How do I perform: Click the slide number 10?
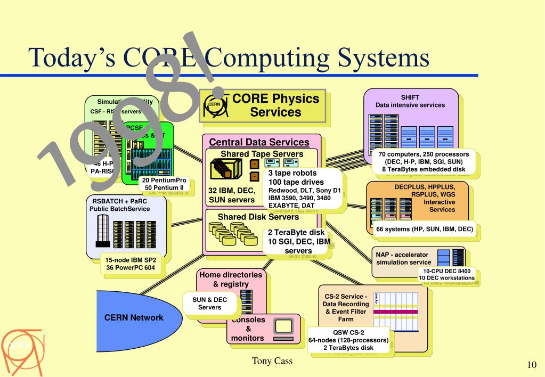coord(531,365)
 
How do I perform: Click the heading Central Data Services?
coord(259,142)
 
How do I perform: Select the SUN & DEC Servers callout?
coord(209,304)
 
